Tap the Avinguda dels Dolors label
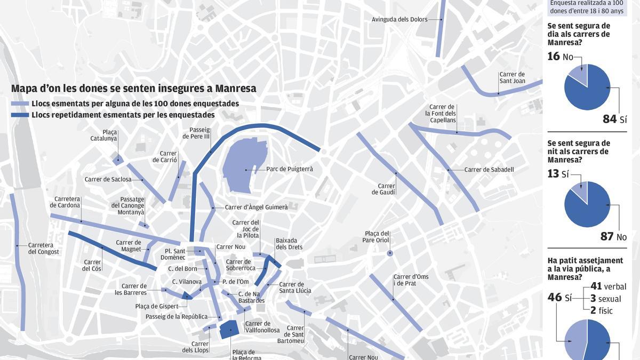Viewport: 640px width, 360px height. [399, 20]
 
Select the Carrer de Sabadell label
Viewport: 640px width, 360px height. [489, 170]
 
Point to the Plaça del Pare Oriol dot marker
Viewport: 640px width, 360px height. [390, 253]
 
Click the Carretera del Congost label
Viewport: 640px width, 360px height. [44, 249]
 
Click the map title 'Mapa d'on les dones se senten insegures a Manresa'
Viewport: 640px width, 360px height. [133, 89]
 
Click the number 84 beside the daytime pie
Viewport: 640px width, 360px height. [610, 119]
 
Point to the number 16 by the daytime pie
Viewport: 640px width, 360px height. [554, 57]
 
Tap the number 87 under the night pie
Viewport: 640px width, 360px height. [607, 236]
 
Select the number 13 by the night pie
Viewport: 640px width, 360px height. [554, 174]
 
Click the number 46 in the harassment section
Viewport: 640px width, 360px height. [555, 297]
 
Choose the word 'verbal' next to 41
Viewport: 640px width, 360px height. [615, 287]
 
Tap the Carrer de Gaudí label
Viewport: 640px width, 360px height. [387, 189]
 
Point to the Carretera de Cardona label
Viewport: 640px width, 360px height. [65, 202]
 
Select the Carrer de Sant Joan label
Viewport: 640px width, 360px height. [512, 78]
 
